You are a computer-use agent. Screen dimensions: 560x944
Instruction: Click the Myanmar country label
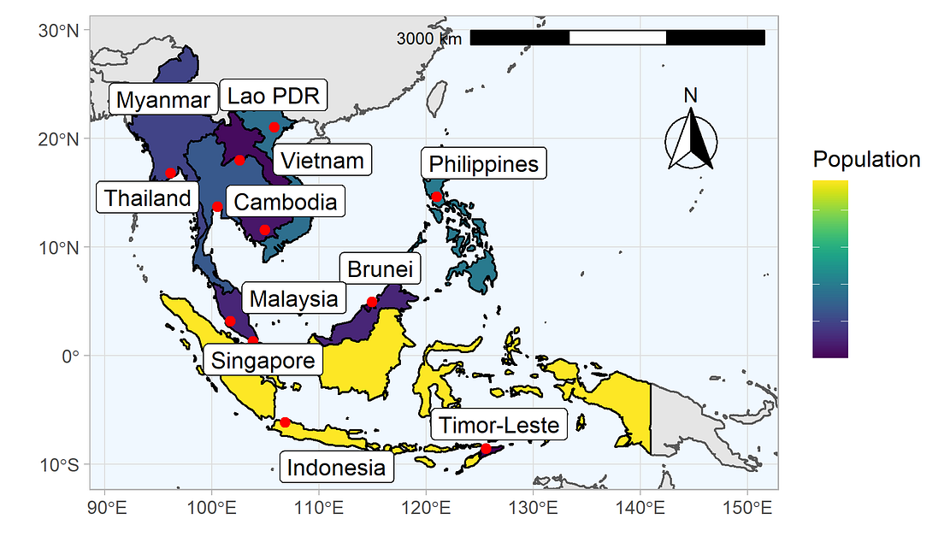click(162, 100)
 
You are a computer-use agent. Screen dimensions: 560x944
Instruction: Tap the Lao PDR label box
click(273, 96)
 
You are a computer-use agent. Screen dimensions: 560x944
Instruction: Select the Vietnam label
click(322, 160)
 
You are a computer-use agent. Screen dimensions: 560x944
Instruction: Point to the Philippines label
click(484, 163)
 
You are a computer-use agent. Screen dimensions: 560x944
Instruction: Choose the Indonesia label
click(336, 468)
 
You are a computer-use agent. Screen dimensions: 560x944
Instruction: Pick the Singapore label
click(263, 360)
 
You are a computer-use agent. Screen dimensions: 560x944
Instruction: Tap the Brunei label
click(380, 270)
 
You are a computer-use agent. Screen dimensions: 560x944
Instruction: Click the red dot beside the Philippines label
click(437, 197)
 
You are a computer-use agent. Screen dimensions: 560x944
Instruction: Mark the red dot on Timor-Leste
click(486, 449)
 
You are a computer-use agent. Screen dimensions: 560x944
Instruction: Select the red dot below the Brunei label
click(372, 302)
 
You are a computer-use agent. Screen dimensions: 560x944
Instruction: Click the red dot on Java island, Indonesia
click(285, 421)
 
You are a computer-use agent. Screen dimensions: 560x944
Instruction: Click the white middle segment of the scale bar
click(617, 38)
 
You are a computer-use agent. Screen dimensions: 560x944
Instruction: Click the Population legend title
click(866, 160)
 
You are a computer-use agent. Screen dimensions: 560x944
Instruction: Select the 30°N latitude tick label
click(60, 31)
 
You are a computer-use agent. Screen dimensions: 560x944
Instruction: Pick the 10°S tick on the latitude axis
click(60, 464)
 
